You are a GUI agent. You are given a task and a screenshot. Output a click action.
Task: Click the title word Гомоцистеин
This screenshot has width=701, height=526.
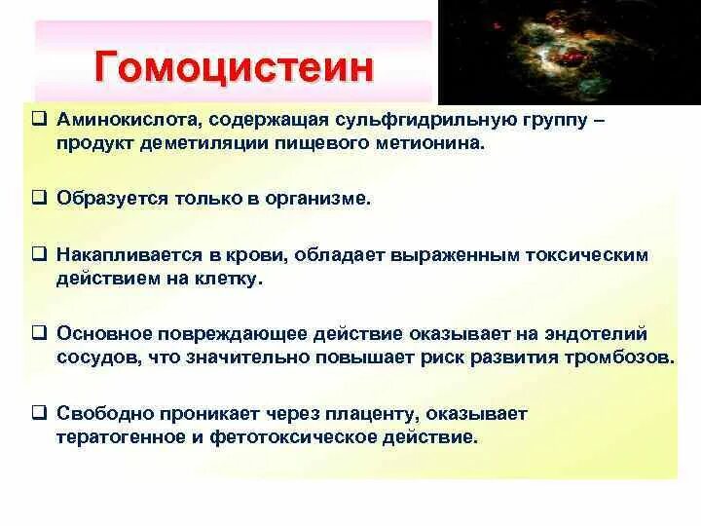(234, 69)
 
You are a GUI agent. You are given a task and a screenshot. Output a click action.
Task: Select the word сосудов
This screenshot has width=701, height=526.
(98, 357)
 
